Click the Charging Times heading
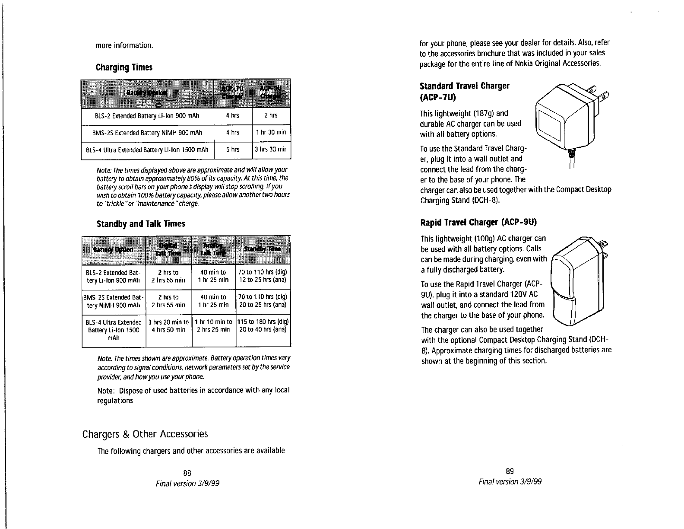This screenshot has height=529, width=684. [x=124, y=67]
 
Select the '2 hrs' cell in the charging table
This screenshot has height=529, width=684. [x=271, y=115]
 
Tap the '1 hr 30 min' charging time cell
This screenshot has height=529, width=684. [x=271, y=132]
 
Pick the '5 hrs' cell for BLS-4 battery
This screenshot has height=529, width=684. [x=233, y=150]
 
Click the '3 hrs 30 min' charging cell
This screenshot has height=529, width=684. [x=271, y=150]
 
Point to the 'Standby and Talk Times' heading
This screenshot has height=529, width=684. [x=141, y=224]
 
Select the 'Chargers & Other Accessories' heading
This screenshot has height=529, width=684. [x=145, y=433]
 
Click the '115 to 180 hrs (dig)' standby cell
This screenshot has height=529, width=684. [x=263, y=322]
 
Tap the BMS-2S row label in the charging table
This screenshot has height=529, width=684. [x=147, y=132]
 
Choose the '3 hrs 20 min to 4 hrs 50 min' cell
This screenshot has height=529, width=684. [x=168, y=326]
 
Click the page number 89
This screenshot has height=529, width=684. [x=510, y=471]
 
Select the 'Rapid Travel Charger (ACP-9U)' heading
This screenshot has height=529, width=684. [x=478, y=223]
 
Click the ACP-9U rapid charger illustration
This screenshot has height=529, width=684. [x=579, y=285]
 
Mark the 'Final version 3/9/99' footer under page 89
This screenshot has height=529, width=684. [x=510, y=481]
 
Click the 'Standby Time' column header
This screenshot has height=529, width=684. [x=263, y=249]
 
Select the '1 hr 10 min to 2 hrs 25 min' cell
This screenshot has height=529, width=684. [x=213, y=326]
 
